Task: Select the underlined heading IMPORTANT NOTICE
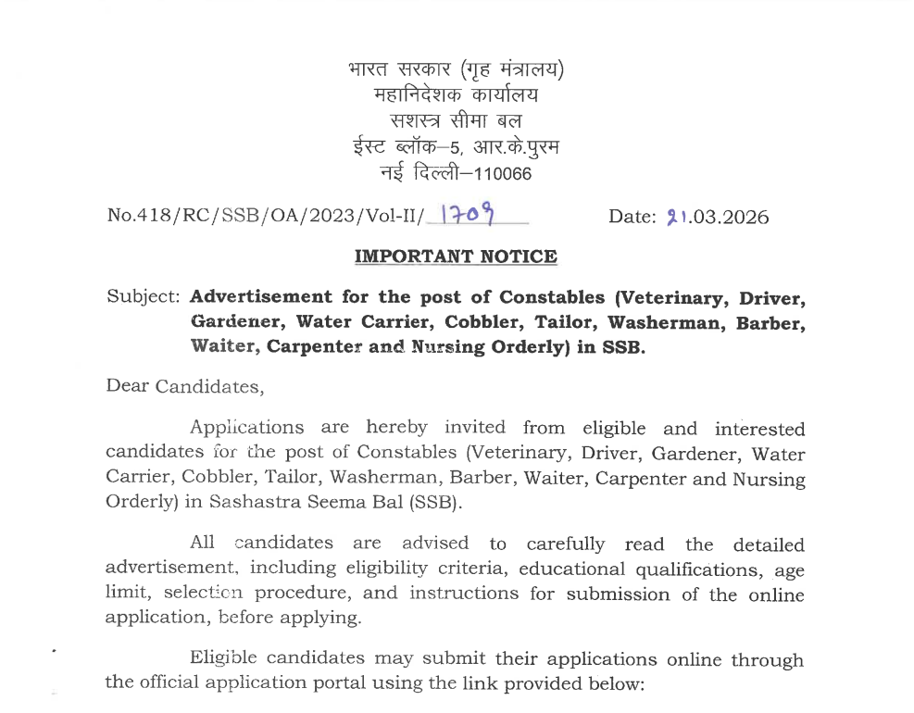(x=457, y=256)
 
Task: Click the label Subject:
(x=144, y=297)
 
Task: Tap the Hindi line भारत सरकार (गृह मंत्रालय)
(x=456, y=69)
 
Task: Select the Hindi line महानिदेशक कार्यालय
(x=456, y=94)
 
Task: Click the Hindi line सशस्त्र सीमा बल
(x=456, y=120)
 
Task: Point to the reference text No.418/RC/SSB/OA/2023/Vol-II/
(x=265, y=218)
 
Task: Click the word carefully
(x=565, y=544)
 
